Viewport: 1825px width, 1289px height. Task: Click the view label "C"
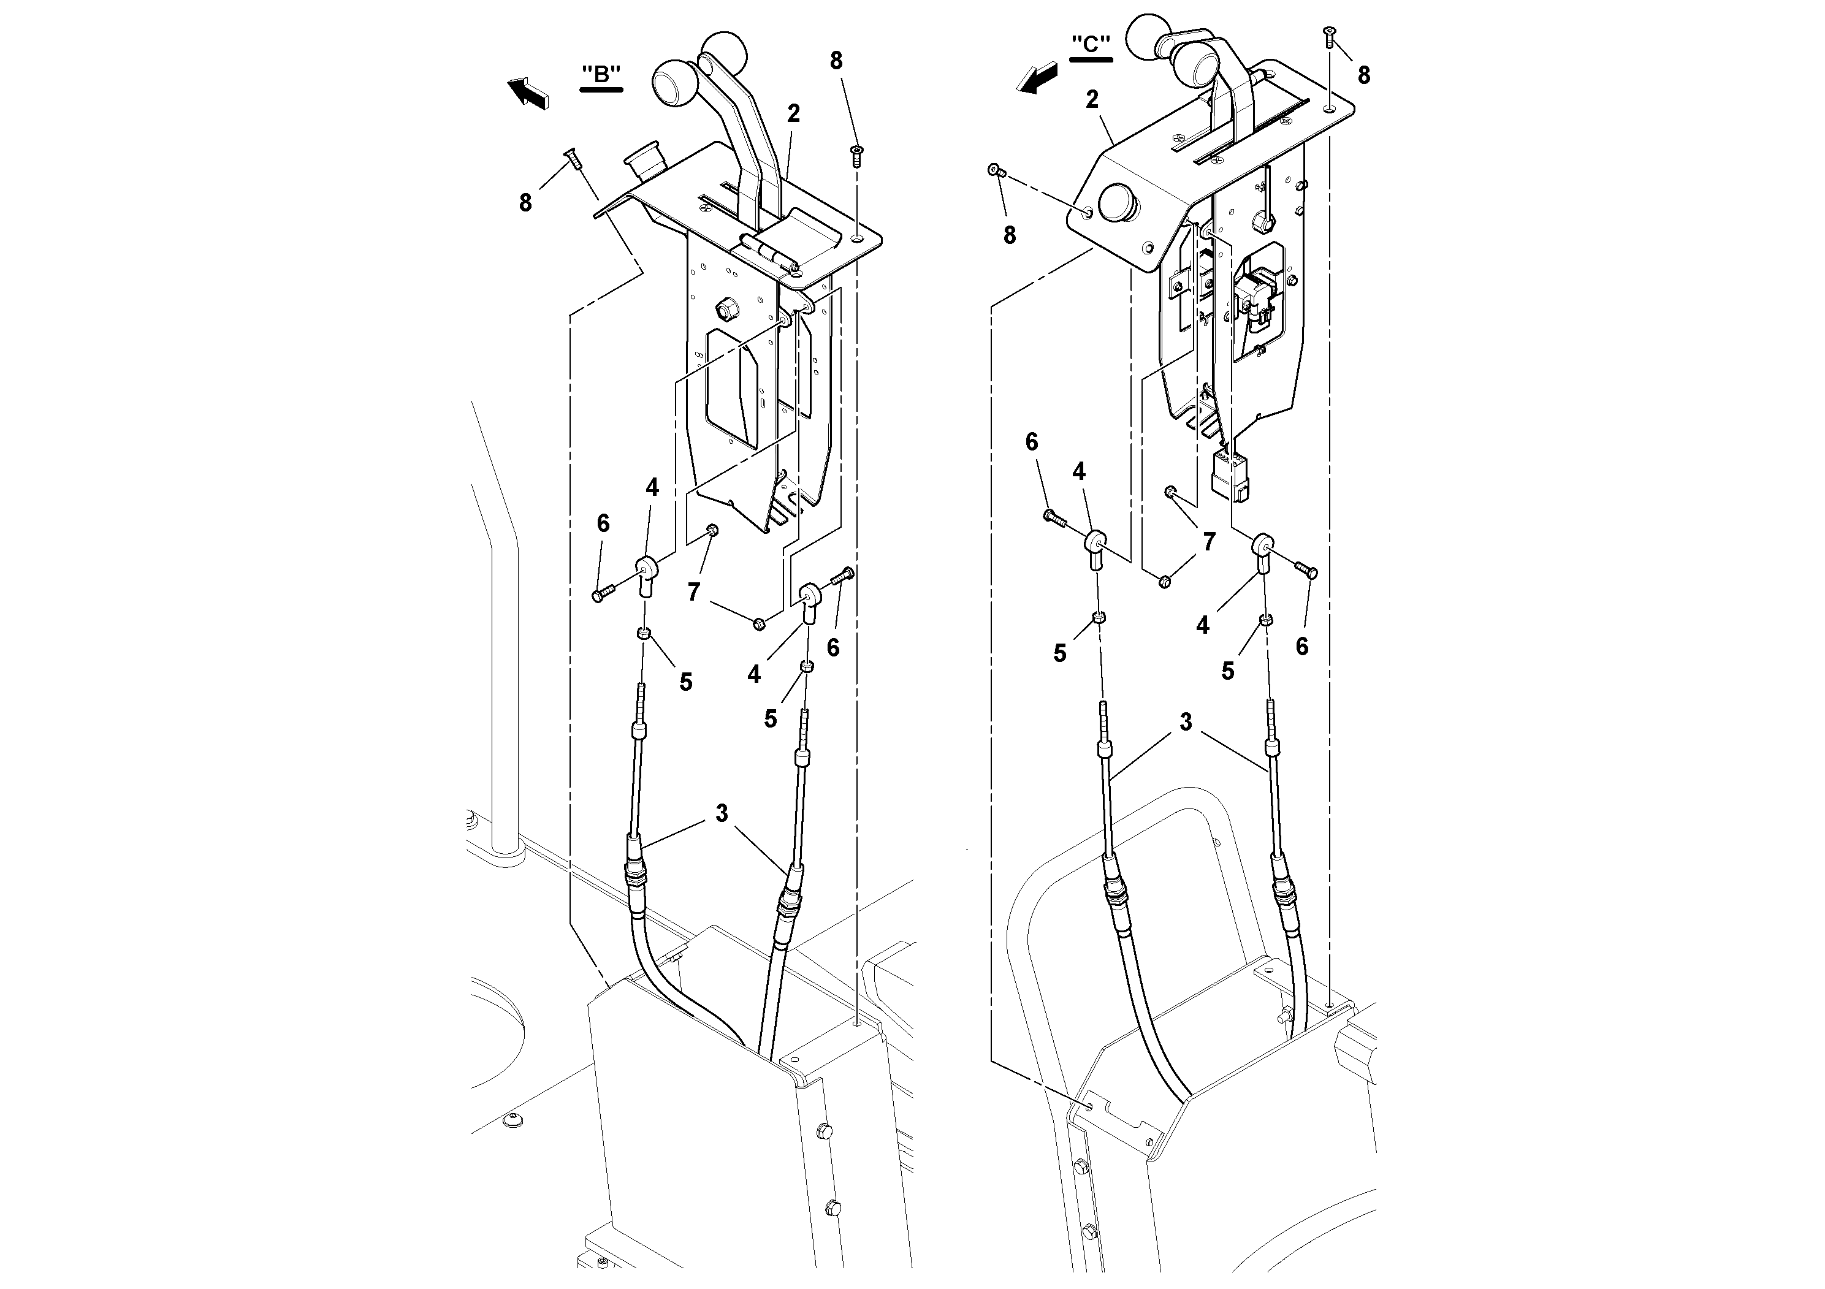[1091, 45]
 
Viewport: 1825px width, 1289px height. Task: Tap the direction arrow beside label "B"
[528, 90]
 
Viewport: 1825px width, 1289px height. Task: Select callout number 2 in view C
[1092, 99]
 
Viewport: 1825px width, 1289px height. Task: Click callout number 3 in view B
[721, 813]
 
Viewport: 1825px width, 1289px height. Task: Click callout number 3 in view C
[1185, 723]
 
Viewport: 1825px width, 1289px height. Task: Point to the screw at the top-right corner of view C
[1328, 33]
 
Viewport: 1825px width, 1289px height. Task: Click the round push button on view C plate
[1118, 203]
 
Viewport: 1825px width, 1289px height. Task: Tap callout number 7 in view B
[694, 592]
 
